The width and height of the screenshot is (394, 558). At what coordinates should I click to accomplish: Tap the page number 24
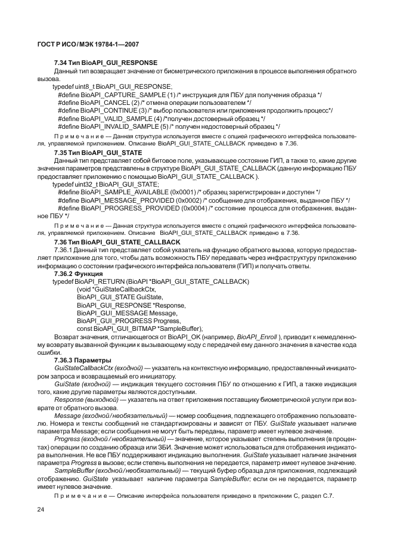tap(41, 509)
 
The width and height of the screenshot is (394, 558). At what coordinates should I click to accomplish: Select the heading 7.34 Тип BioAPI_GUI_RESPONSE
tap(106, 63)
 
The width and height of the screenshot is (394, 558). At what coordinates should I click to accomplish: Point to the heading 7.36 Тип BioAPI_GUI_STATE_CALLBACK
tap(117, 243)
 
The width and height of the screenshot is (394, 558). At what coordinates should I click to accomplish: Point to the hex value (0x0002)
tap(187, 200)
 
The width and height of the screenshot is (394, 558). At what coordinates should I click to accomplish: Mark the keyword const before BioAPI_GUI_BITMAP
tap(84, 328)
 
